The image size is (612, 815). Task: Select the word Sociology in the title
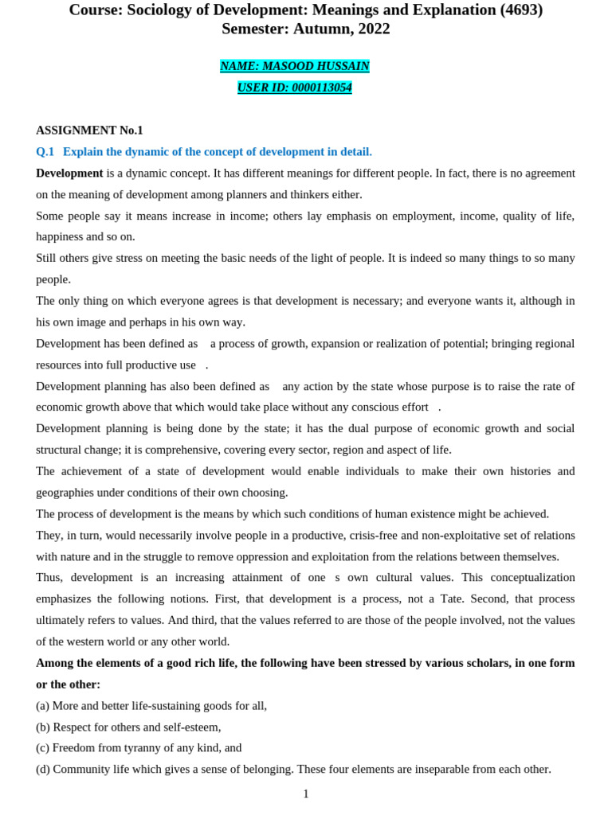click(161, 10)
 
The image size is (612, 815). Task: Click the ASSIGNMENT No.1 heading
click(89, 130)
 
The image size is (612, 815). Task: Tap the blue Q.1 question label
click(45, 151)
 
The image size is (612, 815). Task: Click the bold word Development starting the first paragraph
click(69, 173)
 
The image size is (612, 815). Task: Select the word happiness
click(61, 236)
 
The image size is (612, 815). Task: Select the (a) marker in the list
click(43, 705)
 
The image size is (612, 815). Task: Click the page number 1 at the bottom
click(306, 794)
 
